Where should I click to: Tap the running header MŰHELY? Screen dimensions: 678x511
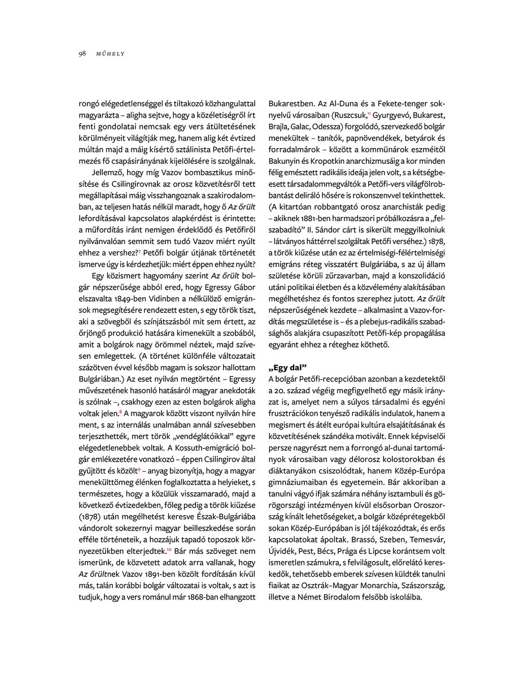[110, 54]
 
